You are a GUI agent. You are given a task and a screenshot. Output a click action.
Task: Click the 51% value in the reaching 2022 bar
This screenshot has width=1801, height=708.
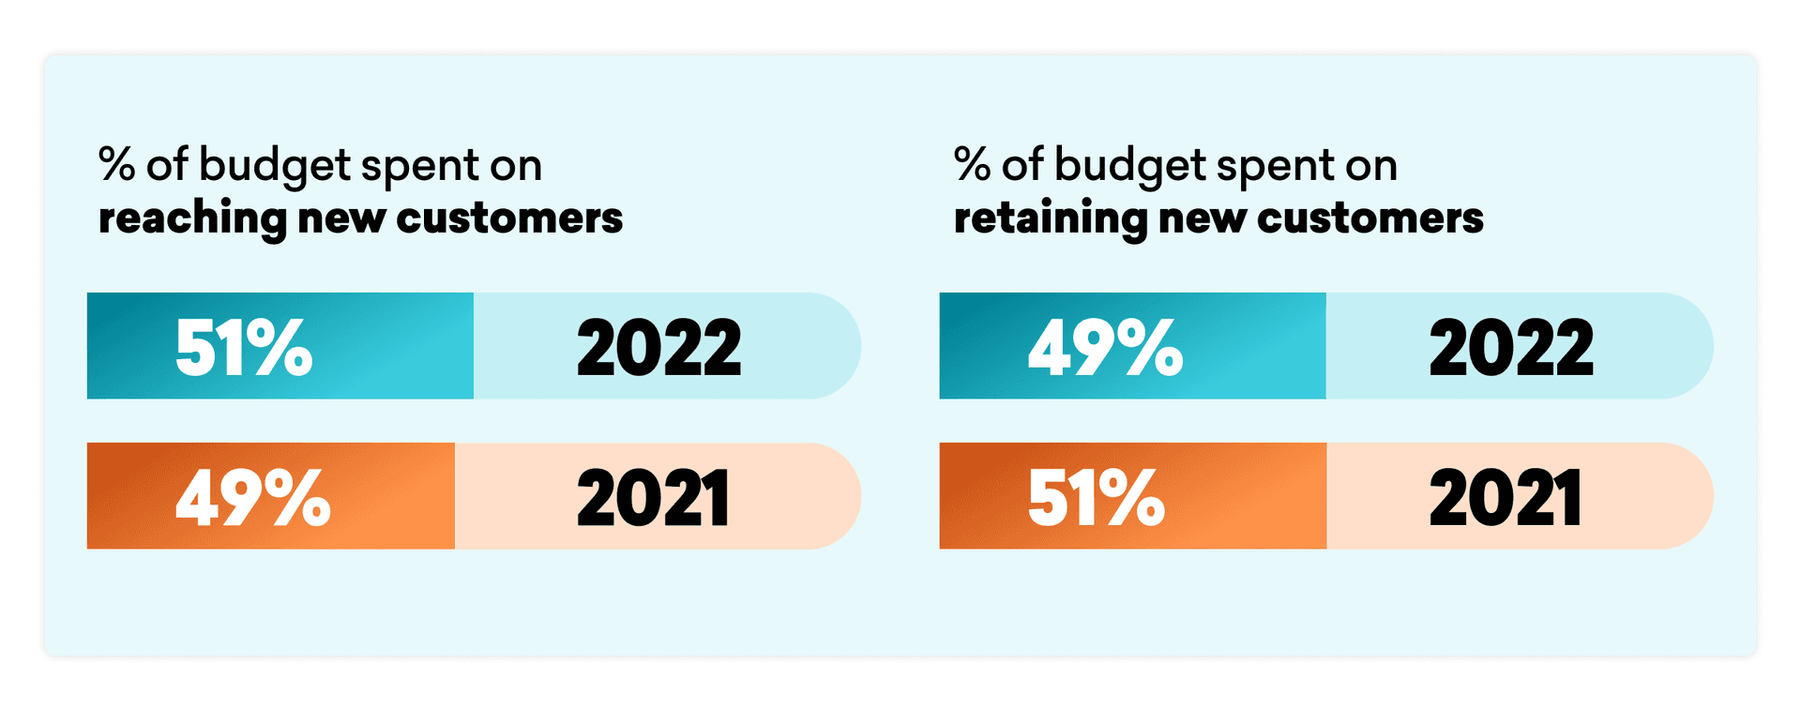point(244,347)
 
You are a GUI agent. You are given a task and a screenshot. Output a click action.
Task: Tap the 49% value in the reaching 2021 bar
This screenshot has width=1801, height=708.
point(252,497)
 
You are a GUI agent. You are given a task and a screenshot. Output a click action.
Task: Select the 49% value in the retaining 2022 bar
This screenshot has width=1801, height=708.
point(1105,347)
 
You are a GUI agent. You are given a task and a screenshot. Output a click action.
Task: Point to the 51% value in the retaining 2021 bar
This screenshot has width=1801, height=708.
point(1096,497)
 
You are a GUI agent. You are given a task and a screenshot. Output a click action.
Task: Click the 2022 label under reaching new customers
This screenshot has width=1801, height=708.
point(658,347)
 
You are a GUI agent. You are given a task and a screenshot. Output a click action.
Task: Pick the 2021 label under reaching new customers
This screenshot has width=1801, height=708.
point(653,497)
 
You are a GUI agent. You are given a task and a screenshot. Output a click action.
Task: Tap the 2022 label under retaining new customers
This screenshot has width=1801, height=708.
point(1511,347)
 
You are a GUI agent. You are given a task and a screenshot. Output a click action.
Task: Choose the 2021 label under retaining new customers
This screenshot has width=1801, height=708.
point(1506,497)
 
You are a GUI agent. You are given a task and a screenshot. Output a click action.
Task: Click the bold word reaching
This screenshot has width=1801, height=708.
point(192,219)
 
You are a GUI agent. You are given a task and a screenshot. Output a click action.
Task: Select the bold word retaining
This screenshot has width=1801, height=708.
point(1051,219)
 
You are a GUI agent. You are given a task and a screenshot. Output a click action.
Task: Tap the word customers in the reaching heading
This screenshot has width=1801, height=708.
point(509,218)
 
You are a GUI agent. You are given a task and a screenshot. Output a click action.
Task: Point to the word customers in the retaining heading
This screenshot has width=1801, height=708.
point(1370,218)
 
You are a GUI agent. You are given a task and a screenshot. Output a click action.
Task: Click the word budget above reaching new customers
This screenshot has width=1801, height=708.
point(275,167)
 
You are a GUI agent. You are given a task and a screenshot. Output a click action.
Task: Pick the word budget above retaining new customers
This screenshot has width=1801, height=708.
point(1130,167)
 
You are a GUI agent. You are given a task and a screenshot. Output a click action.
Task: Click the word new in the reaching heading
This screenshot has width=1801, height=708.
point(341,219)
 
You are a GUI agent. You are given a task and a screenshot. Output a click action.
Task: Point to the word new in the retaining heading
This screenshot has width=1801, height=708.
point(1202,219)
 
